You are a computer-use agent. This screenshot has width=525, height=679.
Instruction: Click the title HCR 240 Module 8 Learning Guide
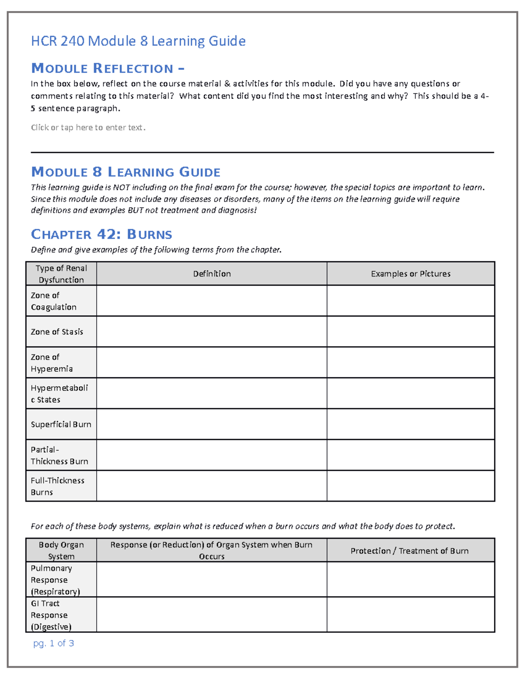138,41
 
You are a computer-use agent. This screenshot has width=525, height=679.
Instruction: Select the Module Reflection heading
108,69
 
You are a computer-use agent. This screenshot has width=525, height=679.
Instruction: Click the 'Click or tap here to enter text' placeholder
88,128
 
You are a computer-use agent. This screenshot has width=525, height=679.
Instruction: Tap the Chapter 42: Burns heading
101,234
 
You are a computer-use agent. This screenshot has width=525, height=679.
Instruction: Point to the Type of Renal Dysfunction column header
61,274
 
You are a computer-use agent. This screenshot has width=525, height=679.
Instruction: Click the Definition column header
212,274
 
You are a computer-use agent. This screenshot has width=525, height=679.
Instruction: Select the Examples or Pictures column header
410,274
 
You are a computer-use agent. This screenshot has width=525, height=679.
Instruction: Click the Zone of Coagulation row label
53,301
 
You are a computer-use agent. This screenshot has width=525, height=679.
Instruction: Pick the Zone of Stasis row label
57,332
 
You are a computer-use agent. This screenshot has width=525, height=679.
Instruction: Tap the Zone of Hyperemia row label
52,363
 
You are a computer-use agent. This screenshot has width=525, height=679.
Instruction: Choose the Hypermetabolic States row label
59,393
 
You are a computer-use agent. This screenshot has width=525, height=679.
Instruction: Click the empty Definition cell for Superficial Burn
212,425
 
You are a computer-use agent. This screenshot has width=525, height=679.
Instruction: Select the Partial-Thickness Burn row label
59,456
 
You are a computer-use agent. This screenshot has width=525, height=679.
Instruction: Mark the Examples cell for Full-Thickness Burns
410,486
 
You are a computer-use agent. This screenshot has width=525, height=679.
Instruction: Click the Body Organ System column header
61,550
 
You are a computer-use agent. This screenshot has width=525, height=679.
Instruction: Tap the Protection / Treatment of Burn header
409,551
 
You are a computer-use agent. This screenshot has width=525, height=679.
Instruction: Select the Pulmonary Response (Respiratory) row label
55,580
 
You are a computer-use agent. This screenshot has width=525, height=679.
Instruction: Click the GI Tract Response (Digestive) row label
51,615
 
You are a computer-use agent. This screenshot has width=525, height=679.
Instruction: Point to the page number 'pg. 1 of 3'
53,643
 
